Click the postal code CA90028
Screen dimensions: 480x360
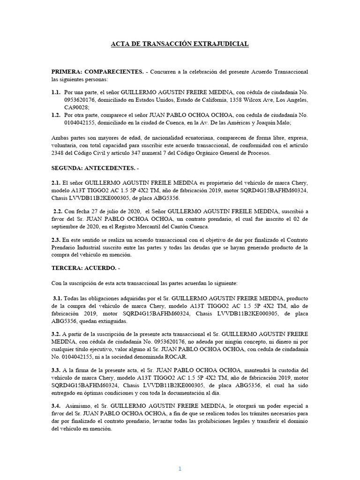[x=76, y=107]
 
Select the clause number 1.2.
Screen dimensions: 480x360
[x=56, y=115]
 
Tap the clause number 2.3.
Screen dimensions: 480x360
[x=56, y=240]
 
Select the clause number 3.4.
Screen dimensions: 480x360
[x=56, y=405]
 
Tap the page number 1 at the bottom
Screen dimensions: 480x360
[x=179, y=456]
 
